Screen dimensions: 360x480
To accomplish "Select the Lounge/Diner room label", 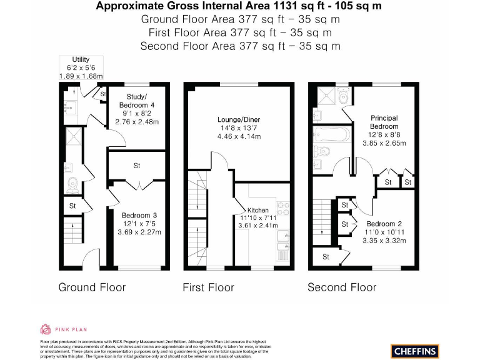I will click(238, 119).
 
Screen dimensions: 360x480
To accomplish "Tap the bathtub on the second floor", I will click(326, 134).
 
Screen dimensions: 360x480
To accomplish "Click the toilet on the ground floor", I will click(72, 183).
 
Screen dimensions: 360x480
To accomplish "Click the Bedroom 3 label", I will click(139, 216).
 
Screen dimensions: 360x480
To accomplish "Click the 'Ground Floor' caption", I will click(92, 287).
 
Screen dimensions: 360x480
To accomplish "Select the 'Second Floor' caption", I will click(342, 287).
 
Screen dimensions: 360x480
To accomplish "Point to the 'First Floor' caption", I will click(208, 287).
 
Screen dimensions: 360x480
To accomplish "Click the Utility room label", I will click(81, 59).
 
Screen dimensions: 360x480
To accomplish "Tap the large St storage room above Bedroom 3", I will click(136, 166).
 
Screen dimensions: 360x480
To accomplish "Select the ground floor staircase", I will click(72, 231).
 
